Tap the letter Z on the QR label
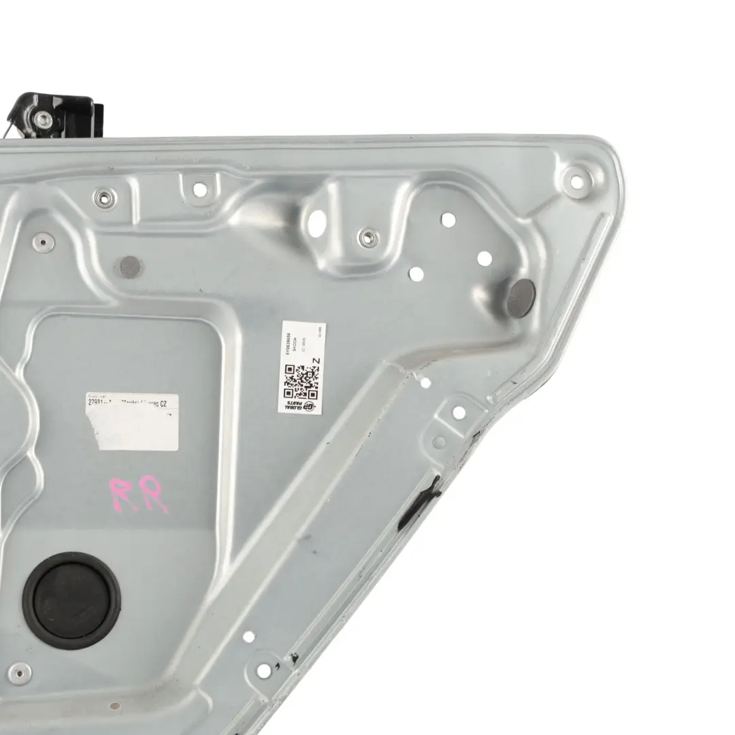tap(314, 361)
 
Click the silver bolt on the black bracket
tap(44, 120)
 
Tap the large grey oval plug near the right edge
tap(521, 297)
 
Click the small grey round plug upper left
tap(130, 265)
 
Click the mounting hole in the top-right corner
tap(576, 182)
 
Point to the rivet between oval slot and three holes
tap(367, 237)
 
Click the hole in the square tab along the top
tap(199, 190)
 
